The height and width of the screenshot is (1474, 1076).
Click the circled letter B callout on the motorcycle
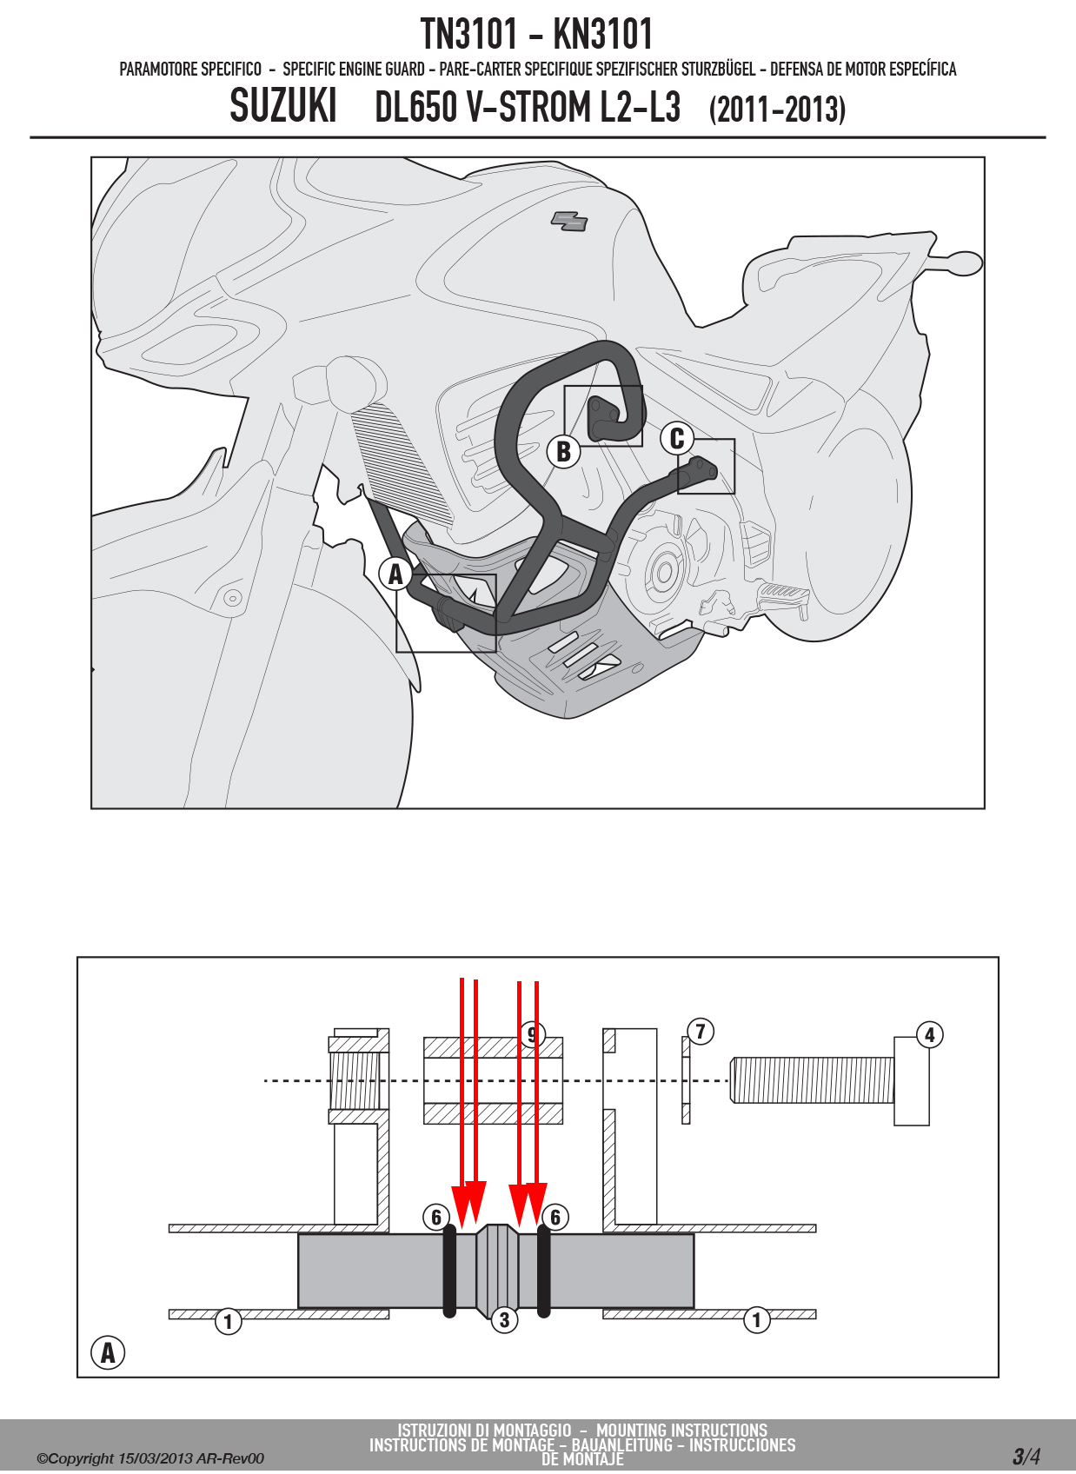coord(563,451)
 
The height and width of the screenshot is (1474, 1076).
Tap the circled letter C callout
coord(677,438)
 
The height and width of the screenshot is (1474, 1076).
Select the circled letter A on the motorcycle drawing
coord(395,574)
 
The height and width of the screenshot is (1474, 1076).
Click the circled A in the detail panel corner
coord(107,1353)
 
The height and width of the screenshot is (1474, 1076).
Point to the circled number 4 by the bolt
coord(929,1034)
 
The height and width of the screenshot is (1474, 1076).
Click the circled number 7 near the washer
coord(701,1031)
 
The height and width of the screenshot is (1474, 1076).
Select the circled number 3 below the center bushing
coord(504,1319)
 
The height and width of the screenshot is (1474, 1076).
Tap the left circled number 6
coord(435,1218)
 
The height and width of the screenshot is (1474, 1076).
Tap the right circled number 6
coord(555,1218)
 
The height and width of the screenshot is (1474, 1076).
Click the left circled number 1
coord(228,1321)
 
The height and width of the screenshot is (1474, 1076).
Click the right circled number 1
coord(756,1319)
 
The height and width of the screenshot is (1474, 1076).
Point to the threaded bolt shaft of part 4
coord(812,1079)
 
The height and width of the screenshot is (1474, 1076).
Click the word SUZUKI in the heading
coord(283,106)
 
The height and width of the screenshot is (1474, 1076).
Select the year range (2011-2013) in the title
coord(777,110)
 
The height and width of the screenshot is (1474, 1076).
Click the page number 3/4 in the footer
coord(1026,1456)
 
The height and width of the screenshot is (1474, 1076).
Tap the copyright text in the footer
coord(150,1458)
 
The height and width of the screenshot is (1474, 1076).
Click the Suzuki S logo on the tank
coord(569,222)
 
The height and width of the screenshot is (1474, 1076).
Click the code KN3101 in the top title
coord(603,34)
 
